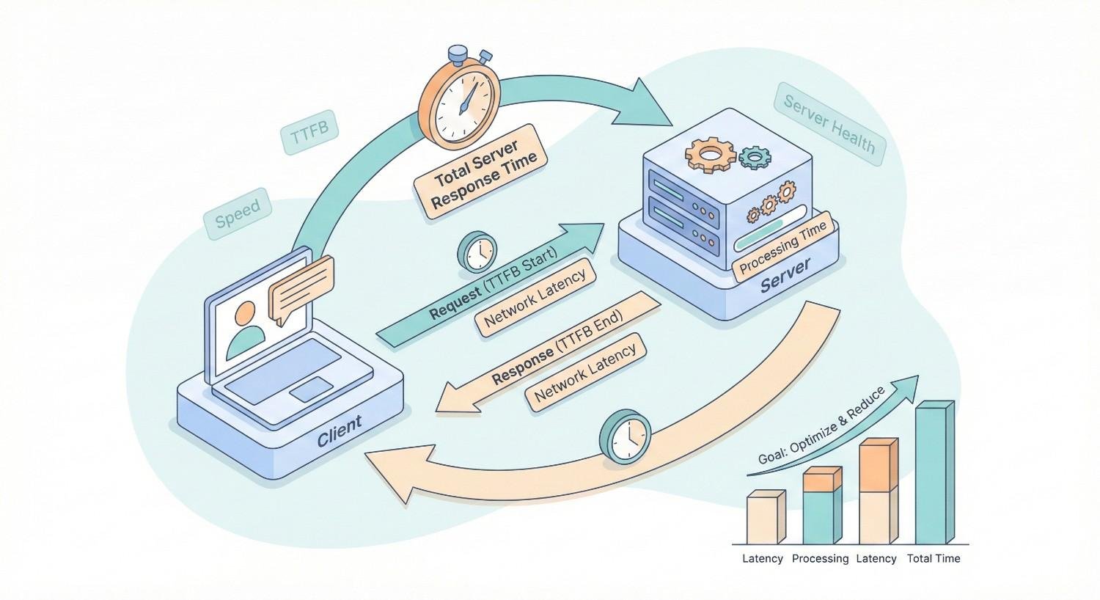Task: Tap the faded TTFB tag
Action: pos(309,134)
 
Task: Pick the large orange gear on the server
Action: pos(710,153)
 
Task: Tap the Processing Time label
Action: pos(782,247)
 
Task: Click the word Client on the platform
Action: pos(339,431)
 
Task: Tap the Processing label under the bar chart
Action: pos(820,559)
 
